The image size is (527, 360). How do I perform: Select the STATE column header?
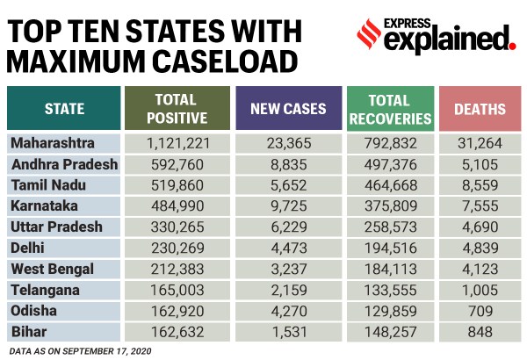(x=64, y=110)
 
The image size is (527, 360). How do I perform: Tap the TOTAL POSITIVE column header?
(x=179, y=109)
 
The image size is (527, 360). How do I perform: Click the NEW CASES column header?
(x=289, y=110)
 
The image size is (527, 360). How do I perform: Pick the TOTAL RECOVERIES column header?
(x=390, y=109)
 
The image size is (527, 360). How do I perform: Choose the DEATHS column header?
(x=480, y=110)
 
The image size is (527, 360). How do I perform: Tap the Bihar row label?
(x=29, y=332)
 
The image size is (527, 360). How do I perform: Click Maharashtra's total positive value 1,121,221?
(x=179, y=142)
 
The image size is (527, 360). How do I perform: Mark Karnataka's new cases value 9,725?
(x=289, y=205)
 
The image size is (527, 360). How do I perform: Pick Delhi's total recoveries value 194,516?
(x=390, y=248)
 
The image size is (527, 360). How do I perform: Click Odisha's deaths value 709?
(x=480, y=311)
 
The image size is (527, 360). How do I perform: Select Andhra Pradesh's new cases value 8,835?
(x=289, y=163)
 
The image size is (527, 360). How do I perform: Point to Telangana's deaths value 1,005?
(x=480, y=290)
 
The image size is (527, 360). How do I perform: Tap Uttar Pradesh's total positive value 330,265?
(x=179, y=227)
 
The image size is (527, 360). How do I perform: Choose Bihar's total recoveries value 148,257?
(x=390, y=332)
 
